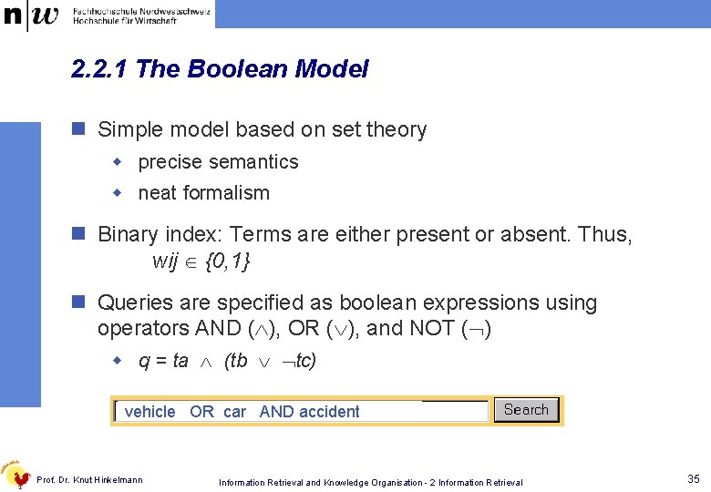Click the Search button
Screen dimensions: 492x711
pos(526,410)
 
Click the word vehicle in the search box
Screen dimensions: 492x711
pos(149,412)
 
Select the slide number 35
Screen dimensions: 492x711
pos(694,478)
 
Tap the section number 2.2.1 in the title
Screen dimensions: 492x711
pos(99,69)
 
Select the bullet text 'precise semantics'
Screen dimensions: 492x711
pos(218,162)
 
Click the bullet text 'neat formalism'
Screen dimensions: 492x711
pos(203,193)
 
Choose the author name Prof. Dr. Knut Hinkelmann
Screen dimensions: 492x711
pos(89,480)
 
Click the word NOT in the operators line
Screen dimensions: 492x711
pos(455,328)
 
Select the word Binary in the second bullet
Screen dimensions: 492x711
pos(128,235)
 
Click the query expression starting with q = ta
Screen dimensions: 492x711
pos(227,361)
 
